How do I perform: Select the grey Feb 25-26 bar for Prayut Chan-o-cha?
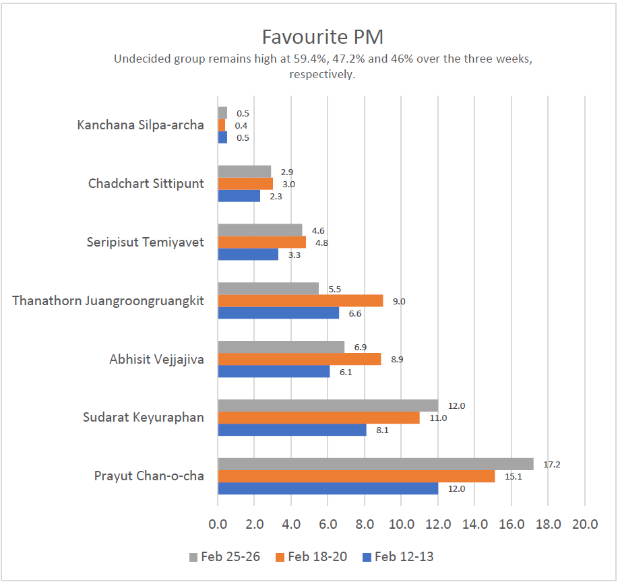click(x=375, y=464)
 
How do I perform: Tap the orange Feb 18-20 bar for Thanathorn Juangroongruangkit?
click(x=300, y=300)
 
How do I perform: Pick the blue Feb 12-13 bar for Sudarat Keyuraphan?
click(x=292, y=430)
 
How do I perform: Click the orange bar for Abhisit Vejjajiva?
click(x=299, y=359)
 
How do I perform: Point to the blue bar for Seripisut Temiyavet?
click(x=248, y=254)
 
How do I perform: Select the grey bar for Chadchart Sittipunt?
click(x=244, y=171)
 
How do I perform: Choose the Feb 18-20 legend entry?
click(x=311, y=556)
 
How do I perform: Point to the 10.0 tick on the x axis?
click(x=401, y=524)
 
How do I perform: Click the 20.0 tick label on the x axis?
click(x=584, y=524)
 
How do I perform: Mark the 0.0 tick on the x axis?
click(x=218, y=524)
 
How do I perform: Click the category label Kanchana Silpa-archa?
click(x=140, y=125)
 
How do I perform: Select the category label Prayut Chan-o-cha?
click(x=149, y=477)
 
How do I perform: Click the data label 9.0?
click(x=399, y=301)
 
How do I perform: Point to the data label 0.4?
click(x=241, y=125)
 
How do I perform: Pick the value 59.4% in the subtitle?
click(x=305, y=59)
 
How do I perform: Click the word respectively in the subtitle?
click(x=321, y=74)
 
